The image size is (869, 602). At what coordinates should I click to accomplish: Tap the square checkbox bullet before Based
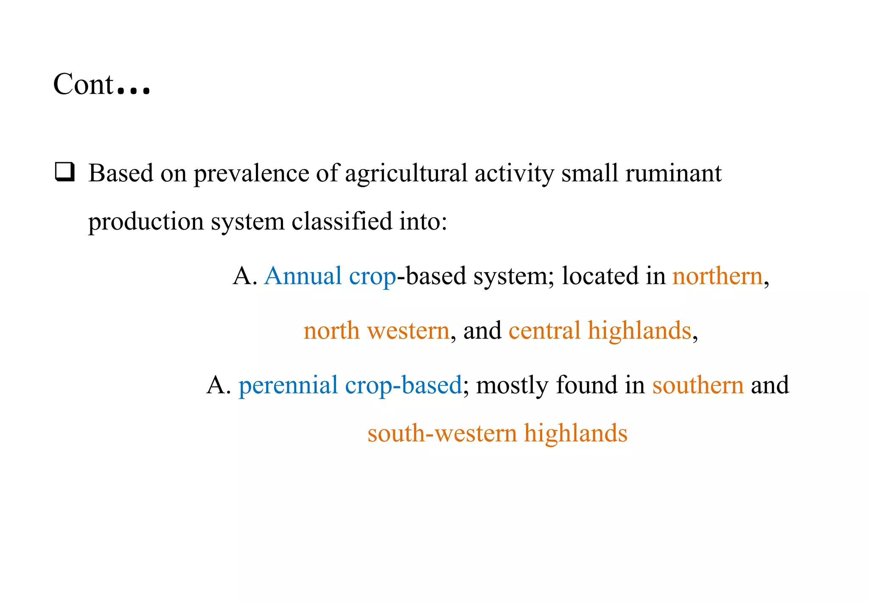click(x=65, y=172)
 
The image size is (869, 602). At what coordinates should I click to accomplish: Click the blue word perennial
click(x=288, y=385)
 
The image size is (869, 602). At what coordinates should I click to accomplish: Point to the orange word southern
click(x=698, y=385)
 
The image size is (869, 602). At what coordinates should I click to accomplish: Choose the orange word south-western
click(x=442, y=433)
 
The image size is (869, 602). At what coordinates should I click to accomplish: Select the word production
click(x=146, y=221)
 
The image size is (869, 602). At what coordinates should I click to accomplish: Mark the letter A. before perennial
click(x=219, y=385)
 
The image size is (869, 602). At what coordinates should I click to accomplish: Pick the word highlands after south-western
click(x=575, y=433)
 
